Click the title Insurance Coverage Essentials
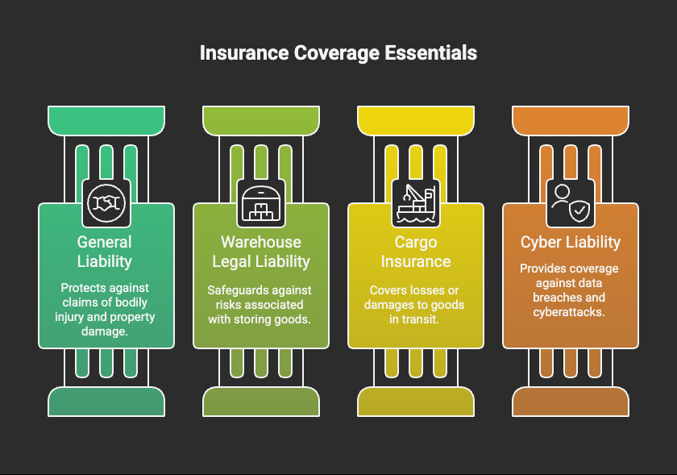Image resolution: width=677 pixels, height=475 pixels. click(x=338, y=53)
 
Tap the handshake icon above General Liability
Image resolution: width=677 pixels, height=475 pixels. click(x=106, y=203)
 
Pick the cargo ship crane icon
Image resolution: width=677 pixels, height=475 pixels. click(x=416, y=203)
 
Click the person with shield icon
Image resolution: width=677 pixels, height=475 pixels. click(x=571, y=203)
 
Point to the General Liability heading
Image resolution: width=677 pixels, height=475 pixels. click(x=105, y=251)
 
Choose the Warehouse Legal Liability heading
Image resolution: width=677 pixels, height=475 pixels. click(x=261, y=251)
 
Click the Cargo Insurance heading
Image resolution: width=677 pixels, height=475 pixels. click(x=416, y=251)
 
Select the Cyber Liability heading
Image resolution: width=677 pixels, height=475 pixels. click(x=571, y=242)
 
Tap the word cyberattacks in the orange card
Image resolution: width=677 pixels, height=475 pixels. click(x=571, y=311)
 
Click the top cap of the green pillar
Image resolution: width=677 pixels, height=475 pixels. click(x=106, y=120)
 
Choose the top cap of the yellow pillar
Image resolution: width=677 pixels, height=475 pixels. click(x=416, y=120)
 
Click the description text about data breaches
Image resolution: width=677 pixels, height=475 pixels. click(x=571, y=290)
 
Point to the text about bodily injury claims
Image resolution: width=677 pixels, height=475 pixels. click(x=106, y=310)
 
